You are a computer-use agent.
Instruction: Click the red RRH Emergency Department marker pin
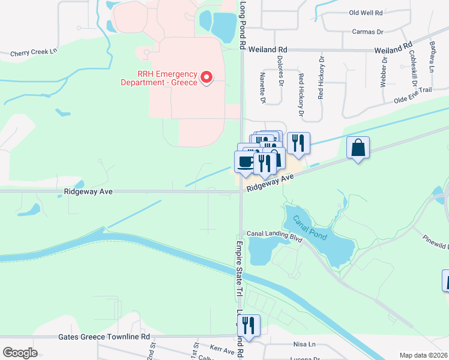point(206,77)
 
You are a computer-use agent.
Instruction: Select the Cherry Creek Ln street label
point(34,53)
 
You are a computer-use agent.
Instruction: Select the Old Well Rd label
point(366,13)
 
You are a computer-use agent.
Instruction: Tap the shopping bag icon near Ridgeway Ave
point(358,148)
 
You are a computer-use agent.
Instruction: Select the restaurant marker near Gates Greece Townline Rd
point(248,326)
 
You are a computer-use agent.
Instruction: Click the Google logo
point(20,353)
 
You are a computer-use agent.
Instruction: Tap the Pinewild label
point(435,241)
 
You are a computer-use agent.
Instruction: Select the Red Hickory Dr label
point(301,94)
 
